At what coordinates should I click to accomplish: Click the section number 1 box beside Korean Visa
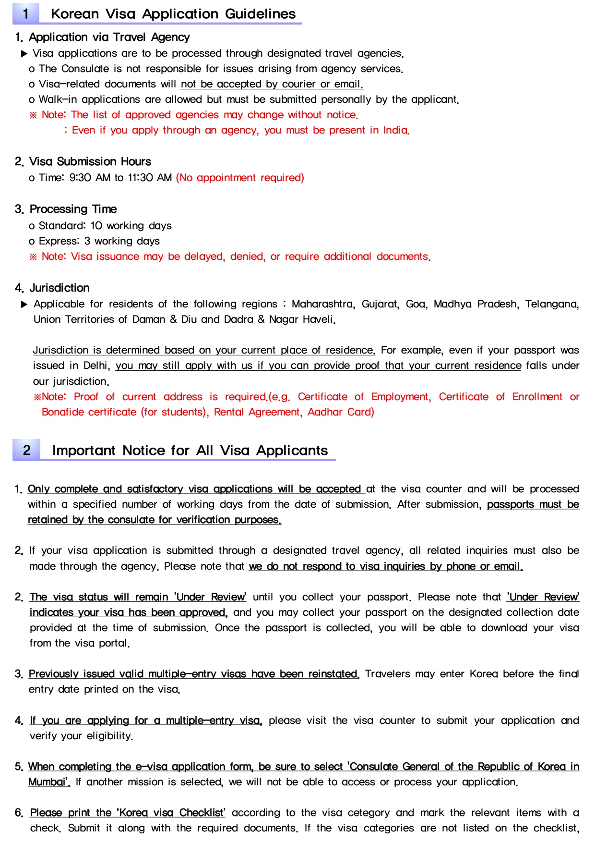pos(26,13)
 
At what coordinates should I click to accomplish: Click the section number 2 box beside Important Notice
pos(27,450)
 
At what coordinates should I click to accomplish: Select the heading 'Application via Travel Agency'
pos(109,37)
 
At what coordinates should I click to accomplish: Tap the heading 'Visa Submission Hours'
pos(90,161)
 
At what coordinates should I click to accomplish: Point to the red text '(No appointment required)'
pos(240,178)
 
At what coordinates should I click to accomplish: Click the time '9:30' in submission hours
pos(80,178)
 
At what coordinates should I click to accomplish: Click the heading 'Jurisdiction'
pos(59,288)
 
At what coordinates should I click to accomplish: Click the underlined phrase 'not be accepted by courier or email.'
pos(272,84)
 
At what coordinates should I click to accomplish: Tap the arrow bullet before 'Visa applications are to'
pos(24,53)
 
